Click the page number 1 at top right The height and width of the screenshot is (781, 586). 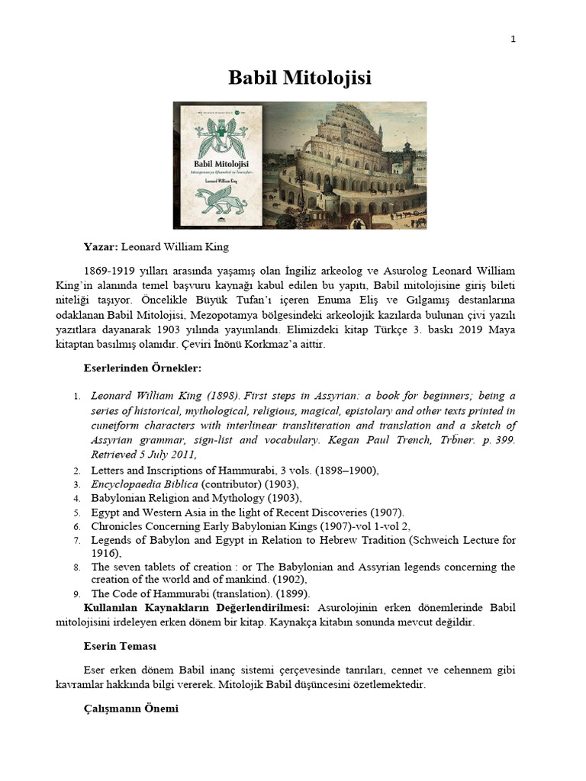513,40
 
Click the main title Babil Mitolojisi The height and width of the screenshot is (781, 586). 300,78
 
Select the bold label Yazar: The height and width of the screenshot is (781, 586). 101,247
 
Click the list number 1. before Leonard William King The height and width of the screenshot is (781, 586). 76,397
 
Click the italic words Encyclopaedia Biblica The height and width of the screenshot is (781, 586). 144,484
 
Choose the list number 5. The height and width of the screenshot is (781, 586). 76,513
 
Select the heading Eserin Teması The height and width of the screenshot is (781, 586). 120,646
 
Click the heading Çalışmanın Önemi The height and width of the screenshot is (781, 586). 130,709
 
